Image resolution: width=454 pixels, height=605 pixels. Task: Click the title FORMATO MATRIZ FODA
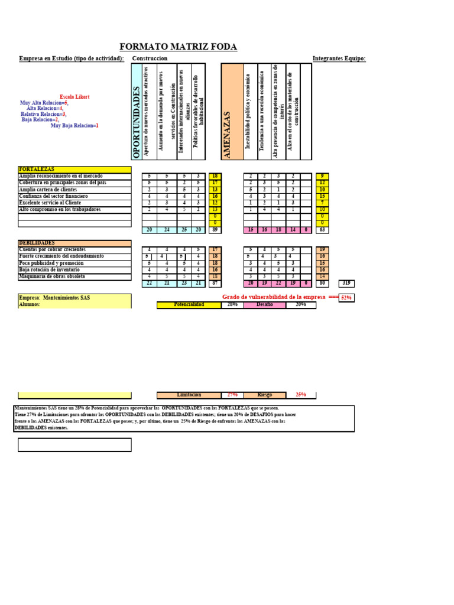(x=178, y=47)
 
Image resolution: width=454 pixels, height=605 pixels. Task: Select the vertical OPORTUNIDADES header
(x=137, y=122)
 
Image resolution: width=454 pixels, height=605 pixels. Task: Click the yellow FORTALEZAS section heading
(x=74, y=170)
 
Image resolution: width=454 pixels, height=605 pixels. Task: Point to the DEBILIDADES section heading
(x=74, y=243)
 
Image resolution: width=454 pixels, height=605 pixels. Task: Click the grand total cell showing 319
(x=346, y=284)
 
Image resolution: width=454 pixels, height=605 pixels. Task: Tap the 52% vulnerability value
(x=346, y=298)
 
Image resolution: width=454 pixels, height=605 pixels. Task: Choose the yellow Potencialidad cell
(x=189, y=305)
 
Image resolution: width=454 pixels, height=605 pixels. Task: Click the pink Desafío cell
(x=264, y=305)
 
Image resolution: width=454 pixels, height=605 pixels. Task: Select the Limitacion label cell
(x=189, y=395)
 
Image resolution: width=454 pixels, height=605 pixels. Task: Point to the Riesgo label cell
(x=264, y=395)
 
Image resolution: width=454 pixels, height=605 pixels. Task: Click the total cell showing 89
(x=215, y=230)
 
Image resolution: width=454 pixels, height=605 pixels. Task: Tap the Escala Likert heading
(x=74, y=96)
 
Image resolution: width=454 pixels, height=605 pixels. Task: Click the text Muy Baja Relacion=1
(x=74, y=125)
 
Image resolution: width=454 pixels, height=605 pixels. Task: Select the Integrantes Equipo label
(x=339, y=58)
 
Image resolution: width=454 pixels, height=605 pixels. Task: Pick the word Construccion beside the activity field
(x=150, y=58)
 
